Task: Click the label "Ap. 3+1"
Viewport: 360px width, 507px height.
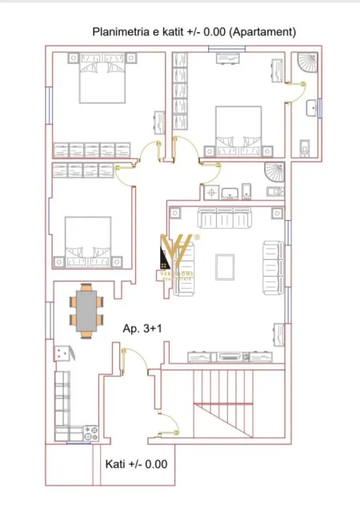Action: [142, 328]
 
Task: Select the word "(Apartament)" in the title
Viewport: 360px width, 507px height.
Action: [264, 32]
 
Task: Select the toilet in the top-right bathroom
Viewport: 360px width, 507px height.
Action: [305, 146]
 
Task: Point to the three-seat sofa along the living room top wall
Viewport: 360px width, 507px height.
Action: [225, 218]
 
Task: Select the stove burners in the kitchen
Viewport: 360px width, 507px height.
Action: [88, 433]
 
